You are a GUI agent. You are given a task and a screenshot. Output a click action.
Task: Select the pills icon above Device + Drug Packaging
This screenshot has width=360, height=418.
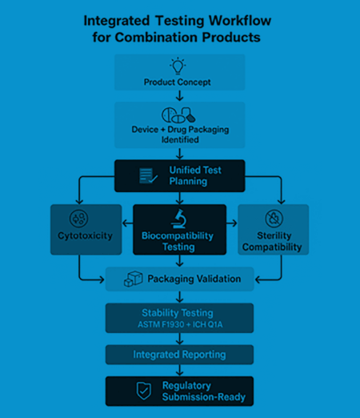click(178, 114)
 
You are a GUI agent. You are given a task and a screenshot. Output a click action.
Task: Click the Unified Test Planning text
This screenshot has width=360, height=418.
click(195, 175)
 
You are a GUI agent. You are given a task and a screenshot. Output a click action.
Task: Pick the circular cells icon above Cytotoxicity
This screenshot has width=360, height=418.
click(80, 217)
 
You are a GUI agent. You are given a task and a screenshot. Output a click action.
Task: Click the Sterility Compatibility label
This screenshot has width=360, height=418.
click(274, 241)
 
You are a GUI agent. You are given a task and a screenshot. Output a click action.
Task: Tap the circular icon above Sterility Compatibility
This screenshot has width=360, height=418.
click(274, 217)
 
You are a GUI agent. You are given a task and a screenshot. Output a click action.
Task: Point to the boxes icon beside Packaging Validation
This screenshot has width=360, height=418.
click(132, 279)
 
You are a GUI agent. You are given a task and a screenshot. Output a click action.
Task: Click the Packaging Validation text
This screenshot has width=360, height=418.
click(194, 279)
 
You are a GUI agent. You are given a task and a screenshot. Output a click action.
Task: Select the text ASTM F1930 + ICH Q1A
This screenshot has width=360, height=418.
click(179, 324)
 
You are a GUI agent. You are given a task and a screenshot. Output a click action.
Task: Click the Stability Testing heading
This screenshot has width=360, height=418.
click(179, 312)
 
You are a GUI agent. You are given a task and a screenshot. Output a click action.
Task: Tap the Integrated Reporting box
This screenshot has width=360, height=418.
click(179, 355)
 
